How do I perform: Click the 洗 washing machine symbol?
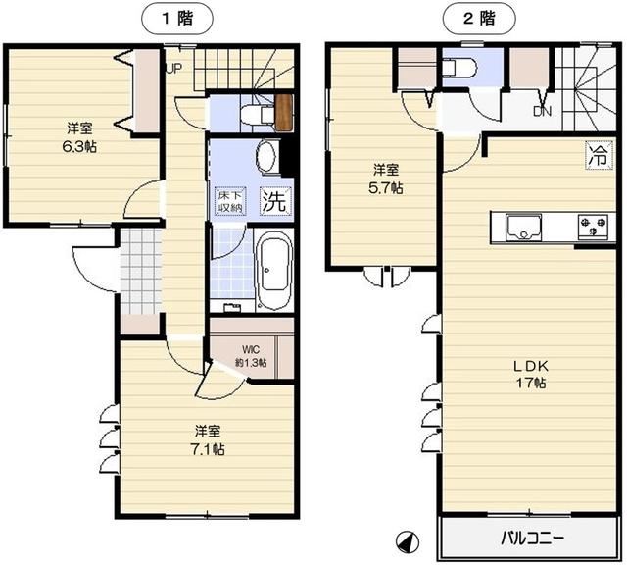pyautogui.click(x=273, y=202)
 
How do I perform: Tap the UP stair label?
pyautogui.click(x=173, y=69)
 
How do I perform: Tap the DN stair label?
pyautogui.click(x=542, y=111)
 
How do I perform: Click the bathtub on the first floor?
pyautogui.click(x=272, y=273)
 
